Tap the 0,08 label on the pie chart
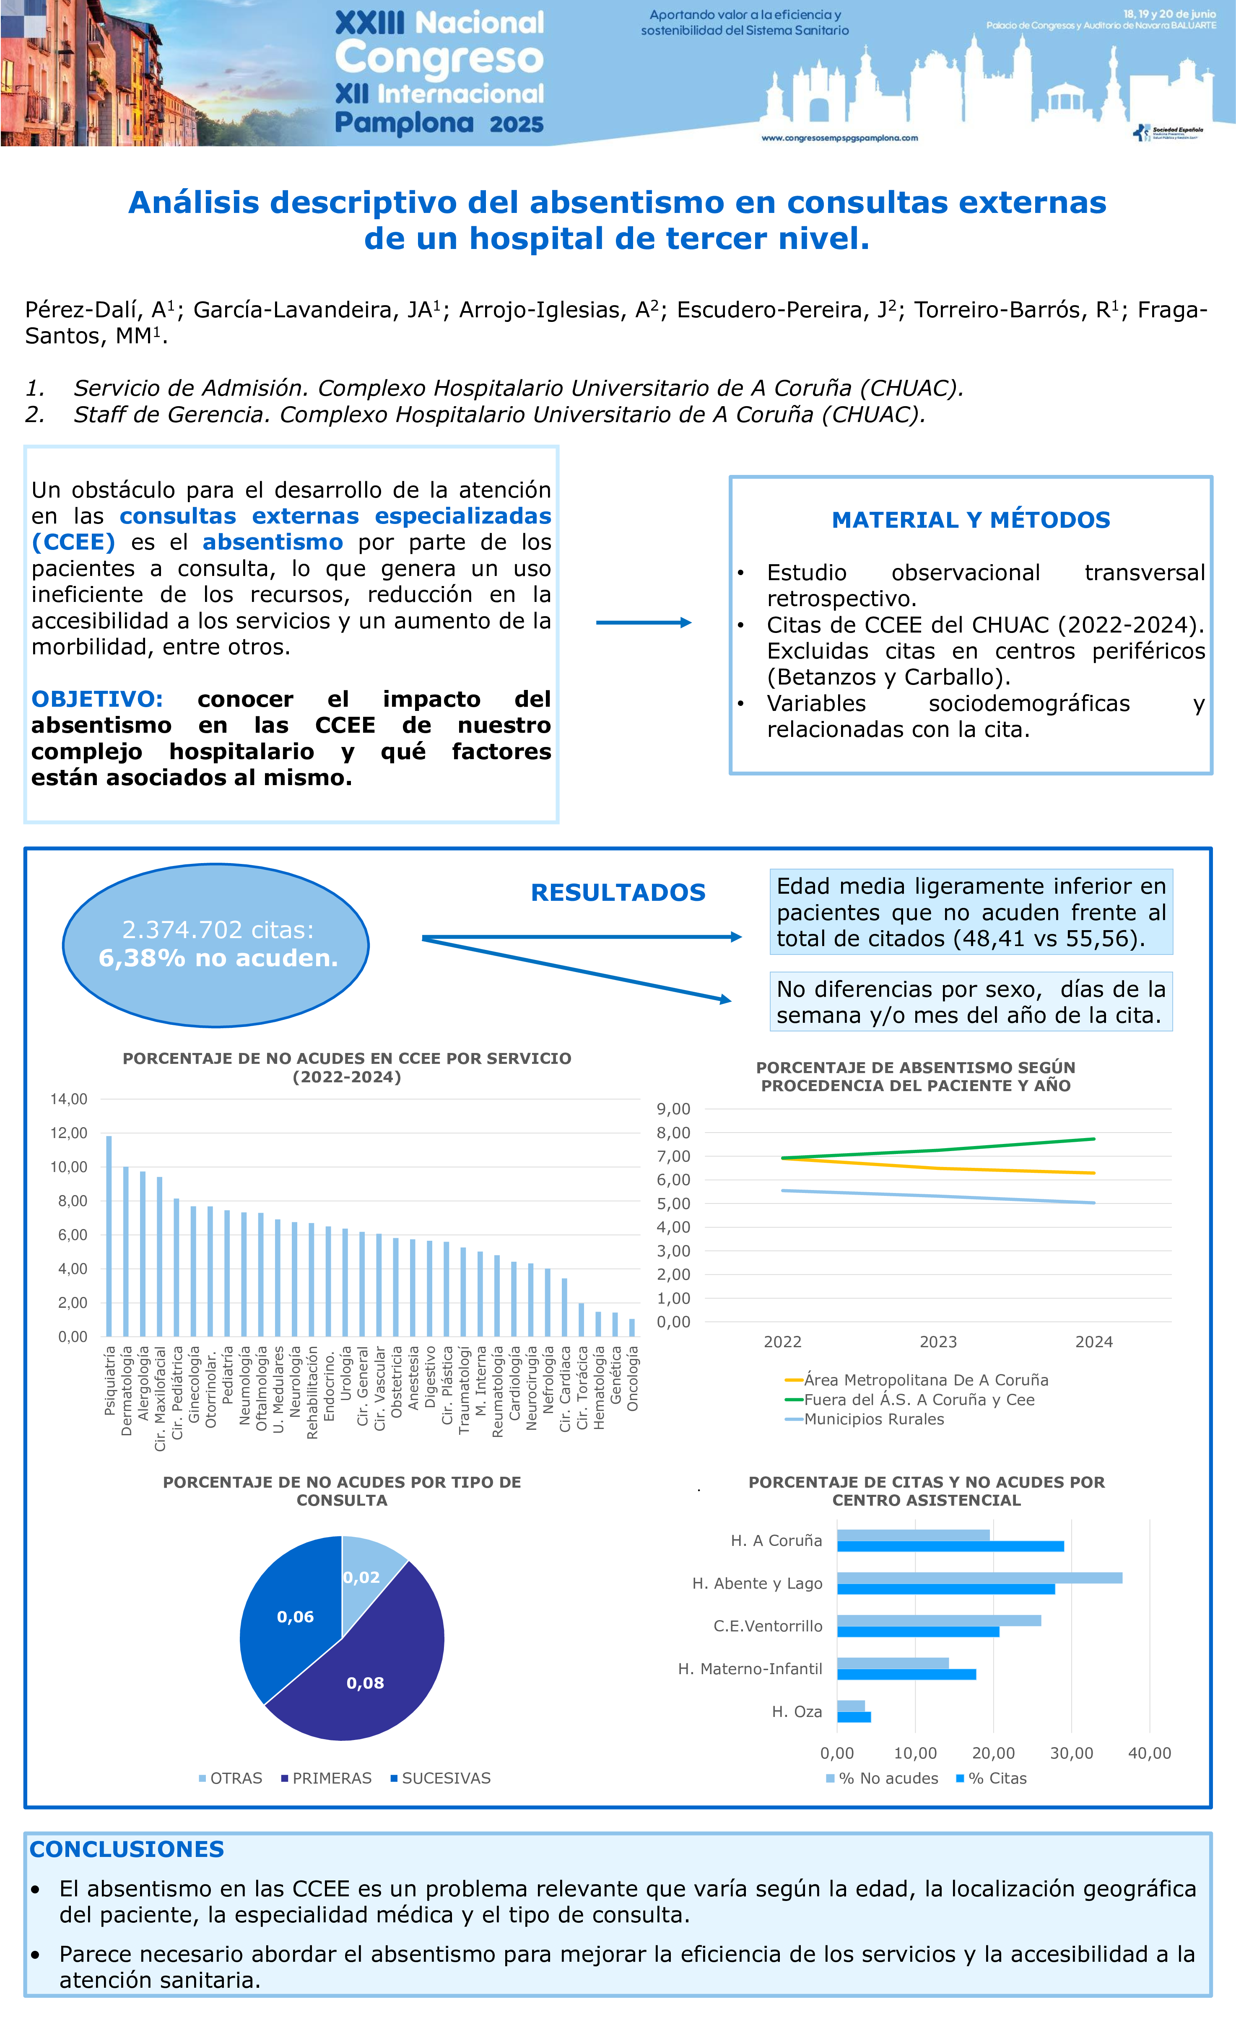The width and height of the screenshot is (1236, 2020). [365, 1683]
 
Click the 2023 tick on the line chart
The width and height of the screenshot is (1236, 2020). [938, 1342]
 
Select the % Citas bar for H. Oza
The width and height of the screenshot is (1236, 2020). [854, 1717]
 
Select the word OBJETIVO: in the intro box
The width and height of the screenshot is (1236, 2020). [97, 699]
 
